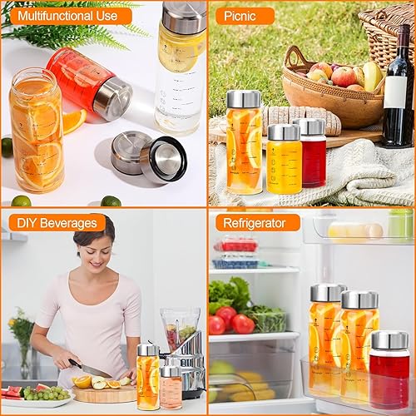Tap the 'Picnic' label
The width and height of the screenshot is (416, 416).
(x=244, y=16)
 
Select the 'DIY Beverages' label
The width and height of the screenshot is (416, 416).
(x=57, y=223)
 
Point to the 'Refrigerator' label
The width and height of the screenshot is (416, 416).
(x=257, y=223)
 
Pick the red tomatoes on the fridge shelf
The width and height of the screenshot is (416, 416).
(x=233, y=321)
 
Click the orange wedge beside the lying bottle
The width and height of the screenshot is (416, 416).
(x=72, y=120)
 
